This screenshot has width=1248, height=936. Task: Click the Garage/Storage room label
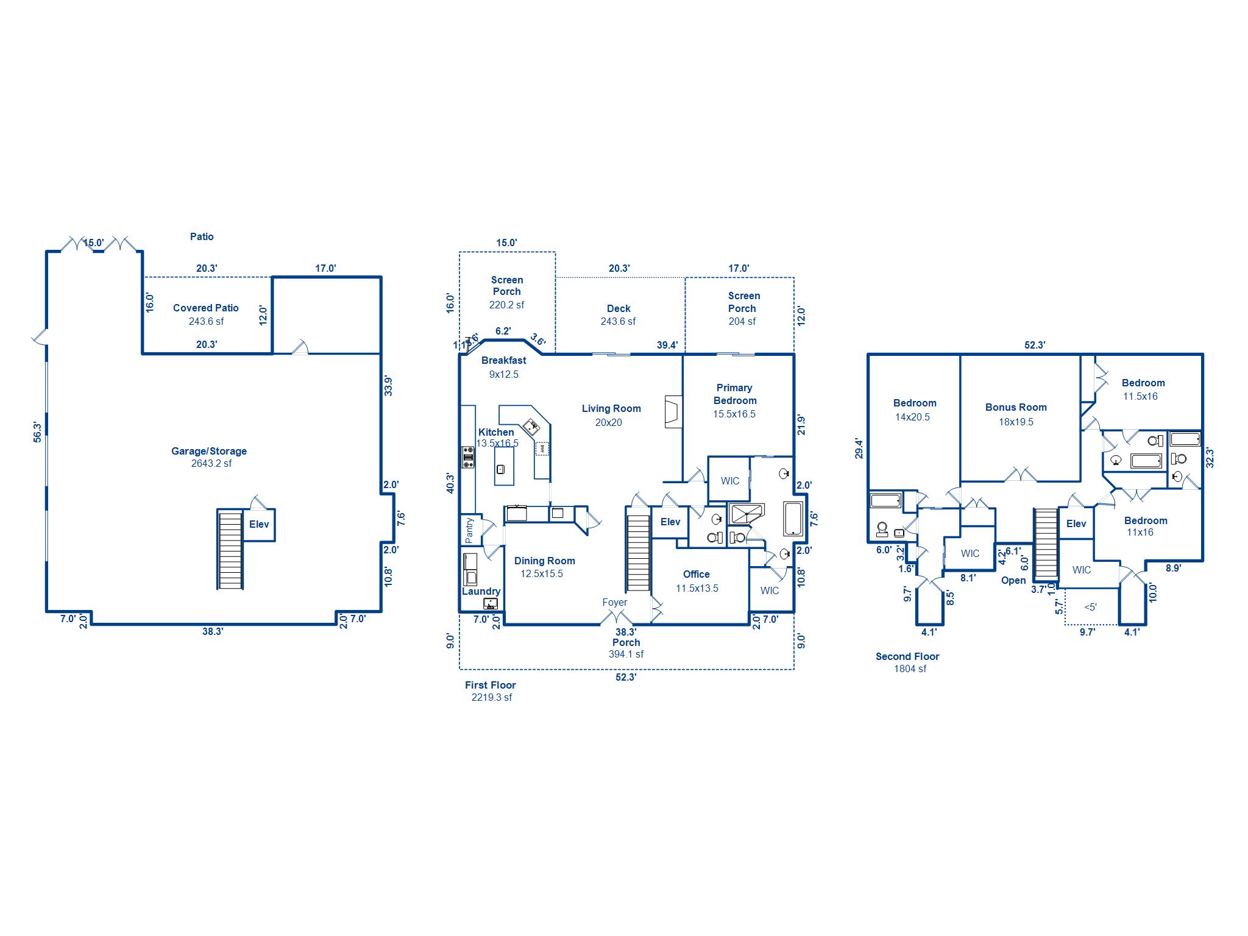[209, 457]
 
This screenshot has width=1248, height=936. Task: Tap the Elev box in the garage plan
[259, 525]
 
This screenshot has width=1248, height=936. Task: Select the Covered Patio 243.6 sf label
[206, 314]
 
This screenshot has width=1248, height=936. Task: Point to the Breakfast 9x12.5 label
[504, 367]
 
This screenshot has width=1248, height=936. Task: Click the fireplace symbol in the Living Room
[673, 412]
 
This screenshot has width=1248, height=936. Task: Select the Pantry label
[469, 530]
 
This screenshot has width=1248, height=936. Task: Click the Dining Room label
[544, 567]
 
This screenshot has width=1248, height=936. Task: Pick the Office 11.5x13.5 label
[697, 581]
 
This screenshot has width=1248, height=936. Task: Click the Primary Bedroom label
[735, 400]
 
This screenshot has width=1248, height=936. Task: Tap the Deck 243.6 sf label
[619, 315]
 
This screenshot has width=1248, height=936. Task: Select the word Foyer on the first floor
[614, 603]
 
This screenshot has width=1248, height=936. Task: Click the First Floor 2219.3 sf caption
[491, 691]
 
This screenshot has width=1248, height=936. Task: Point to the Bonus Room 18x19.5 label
[1016, 414]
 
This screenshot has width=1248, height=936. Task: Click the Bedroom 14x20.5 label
[914, 410]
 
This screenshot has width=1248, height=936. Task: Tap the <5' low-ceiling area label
[1091, 607]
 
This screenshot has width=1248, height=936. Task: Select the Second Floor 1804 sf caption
[908, 662]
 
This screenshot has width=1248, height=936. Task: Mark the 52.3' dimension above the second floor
[1035, 345]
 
